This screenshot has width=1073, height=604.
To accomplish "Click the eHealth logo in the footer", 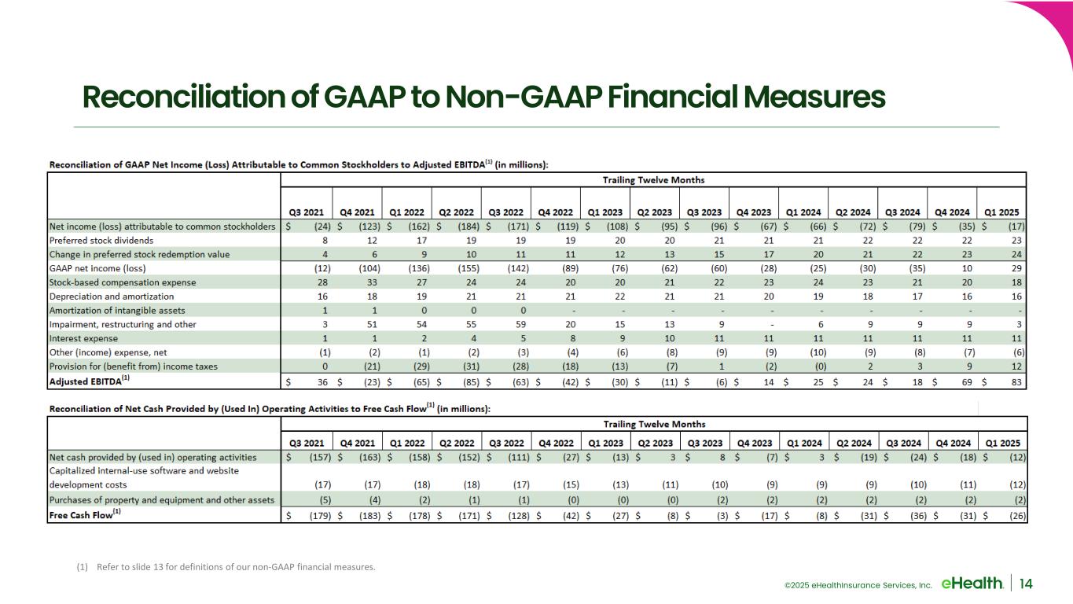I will [x=971, y=583].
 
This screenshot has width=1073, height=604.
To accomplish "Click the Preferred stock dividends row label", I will [x=101, y=240].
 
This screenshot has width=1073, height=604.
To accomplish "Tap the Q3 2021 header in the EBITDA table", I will [x=307, y=212].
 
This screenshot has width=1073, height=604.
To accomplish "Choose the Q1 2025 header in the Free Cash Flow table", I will [x=1001, y=442].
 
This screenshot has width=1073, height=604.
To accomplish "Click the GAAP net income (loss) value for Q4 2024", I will [x=966, y=268].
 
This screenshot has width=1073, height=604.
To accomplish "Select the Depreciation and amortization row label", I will [x=112, y=296].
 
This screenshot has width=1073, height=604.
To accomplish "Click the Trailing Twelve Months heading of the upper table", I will [x=653, y=179].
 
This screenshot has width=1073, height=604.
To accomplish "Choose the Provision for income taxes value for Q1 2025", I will [x=1016, y=367].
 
